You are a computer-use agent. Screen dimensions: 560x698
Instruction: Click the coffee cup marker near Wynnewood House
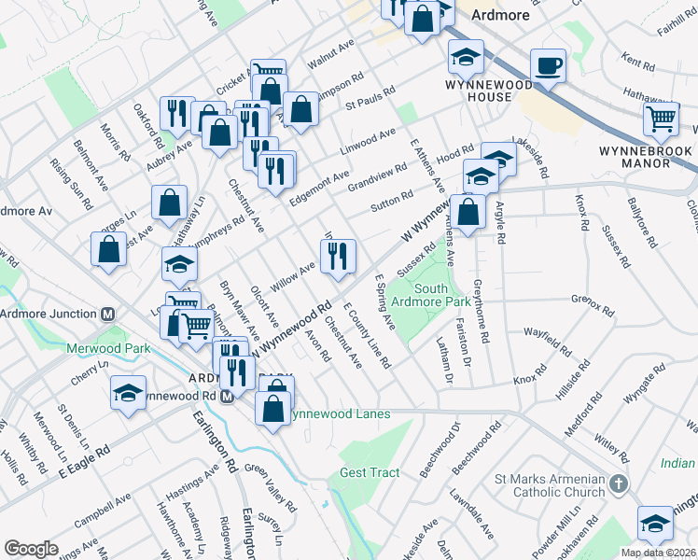pos(548,67)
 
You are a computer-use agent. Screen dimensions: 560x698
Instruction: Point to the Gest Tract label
pos(370,473)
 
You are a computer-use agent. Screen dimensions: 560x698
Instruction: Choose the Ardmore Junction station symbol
pos(108,314)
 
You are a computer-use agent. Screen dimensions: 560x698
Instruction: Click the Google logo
pos(31,548)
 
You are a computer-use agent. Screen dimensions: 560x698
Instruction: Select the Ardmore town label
pos(500,15)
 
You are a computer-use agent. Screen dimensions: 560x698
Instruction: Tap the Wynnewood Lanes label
pos(338,413)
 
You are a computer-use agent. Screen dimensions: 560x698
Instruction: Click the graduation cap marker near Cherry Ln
pos(129,394)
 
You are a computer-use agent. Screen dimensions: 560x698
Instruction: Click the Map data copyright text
pos(659,553)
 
